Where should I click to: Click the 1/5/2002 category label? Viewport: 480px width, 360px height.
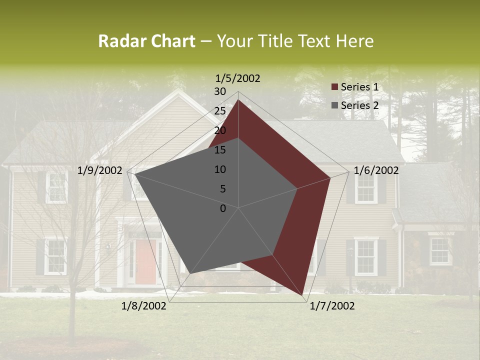(x=238, y=78)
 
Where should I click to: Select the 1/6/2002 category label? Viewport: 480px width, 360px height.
(x=376, y=170)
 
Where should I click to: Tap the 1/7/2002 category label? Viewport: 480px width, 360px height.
(x=332, y=306)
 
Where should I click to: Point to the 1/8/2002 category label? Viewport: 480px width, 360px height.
(x=144, y=306)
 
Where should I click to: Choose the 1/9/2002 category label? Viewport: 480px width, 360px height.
(x=100, y=170)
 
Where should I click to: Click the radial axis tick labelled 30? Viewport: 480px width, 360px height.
(x=220, y=91)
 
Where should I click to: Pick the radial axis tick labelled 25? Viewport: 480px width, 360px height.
(x=220, y=111)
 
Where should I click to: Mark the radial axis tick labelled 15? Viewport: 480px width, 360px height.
(x=220, y=150)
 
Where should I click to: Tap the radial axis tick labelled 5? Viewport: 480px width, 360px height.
(x=222, y=189)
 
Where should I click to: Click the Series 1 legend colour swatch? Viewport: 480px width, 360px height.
(x=334, y=87)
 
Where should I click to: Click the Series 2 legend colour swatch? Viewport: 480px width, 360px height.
(x=334, y=106)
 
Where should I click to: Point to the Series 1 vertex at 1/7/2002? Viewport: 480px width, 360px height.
(x=303, y=296)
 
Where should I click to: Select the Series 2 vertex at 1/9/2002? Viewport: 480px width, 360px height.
(x=135, y=174)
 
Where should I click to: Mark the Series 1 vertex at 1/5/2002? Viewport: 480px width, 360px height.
(x=238, y=99)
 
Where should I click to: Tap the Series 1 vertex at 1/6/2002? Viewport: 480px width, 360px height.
(x=330, y=177)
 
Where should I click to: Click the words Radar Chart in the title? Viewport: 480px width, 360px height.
(x=146, y=41)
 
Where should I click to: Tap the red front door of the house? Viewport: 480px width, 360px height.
(x=145, y=260)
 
